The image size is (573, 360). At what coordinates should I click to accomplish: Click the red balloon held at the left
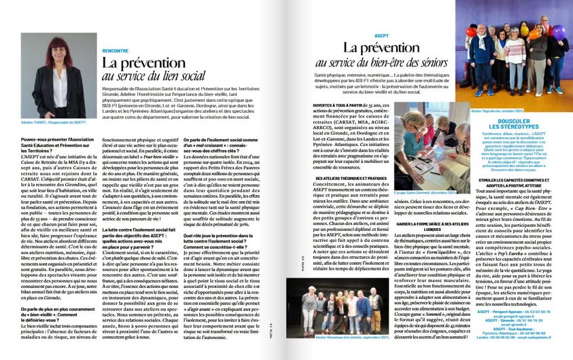(472, 32)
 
